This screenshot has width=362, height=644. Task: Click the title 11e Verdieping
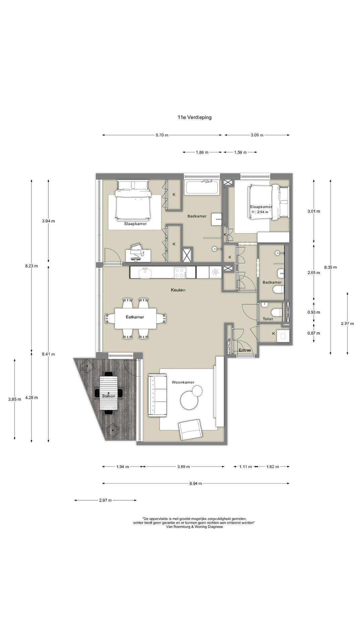point(194,117)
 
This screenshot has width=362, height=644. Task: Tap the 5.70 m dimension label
point(162,135)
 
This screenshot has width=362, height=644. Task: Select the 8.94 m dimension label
point(196,483)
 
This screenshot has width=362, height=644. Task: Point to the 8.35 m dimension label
point(330,267)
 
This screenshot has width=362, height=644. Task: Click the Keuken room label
point(178,290)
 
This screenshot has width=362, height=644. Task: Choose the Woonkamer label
point(183,382)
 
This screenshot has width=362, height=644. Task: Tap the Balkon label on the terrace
point(109,396)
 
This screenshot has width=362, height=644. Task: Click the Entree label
point(245,350)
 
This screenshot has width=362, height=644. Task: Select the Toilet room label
point(268,319)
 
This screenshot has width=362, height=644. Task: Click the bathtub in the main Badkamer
point(202,187)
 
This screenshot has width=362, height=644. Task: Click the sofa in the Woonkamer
point(158,396)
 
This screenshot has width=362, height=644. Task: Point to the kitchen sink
point(145,272)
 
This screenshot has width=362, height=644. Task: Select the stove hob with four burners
point(180,272)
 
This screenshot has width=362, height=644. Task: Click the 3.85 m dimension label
point(15,399)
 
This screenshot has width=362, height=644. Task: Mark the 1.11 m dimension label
point(245,467)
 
